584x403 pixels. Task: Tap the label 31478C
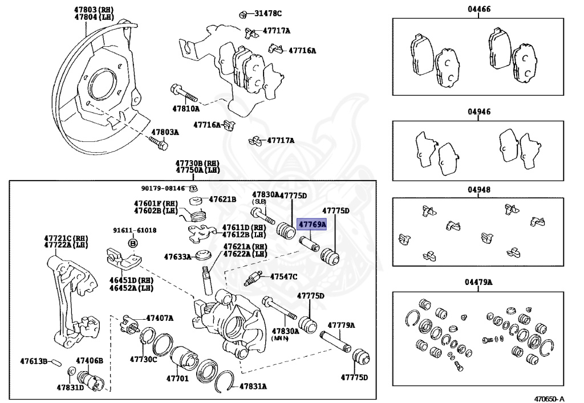point(267,13)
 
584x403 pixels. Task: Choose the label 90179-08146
point(163,188)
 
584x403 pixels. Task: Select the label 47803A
point(165,132)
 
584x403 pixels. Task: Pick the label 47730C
point(143,360)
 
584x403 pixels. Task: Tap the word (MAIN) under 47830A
point(280,339)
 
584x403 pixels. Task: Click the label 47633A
point(177,257)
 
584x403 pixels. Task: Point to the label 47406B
point(90,361)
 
